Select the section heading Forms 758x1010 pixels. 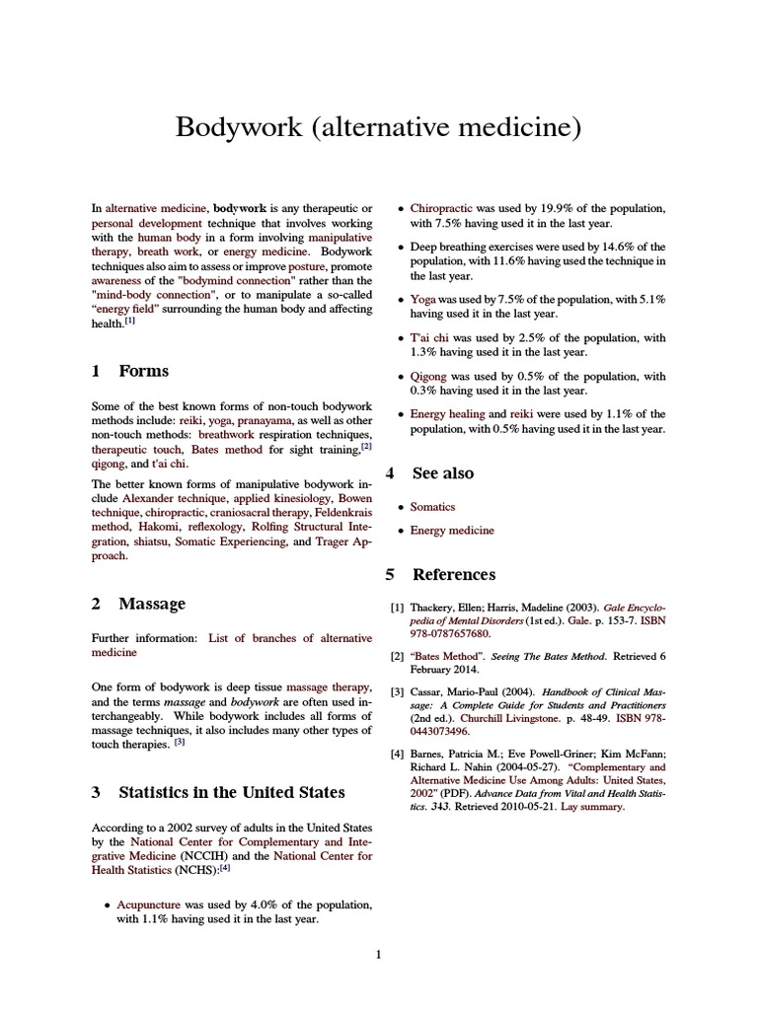tap(143, 371)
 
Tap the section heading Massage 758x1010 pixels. tap(151, 603)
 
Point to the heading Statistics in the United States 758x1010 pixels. tap(231, 792)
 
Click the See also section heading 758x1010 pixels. tap(442, 473)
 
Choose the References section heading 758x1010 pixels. tap(453, 574)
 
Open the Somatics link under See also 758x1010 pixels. tap(432, 507)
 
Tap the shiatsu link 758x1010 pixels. tap(150, 541)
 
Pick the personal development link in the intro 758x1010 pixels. tap(139, 224)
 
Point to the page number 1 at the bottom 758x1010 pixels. tap(378, 954)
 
